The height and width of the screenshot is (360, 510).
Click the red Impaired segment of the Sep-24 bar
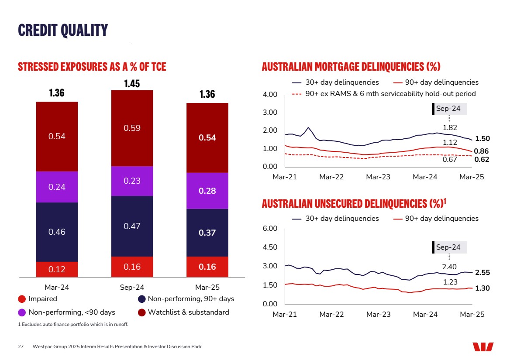[132, 267]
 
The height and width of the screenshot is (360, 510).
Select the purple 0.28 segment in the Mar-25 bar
[207, 191]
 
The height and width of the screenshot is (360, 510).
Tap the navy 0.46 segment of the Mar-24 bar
[57, 232]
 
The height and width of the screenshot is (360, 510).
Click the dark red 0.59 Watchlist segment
[132, 128]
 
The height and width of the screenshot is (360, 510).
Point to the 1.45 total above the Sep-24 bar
[132, 83]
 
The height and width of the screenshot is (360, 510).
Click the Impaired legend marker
[22, 299]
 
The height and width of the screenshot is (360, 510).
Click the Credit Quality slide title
[63, 30]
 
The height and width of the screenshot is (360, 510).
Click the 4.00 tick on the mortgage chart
[270, 95]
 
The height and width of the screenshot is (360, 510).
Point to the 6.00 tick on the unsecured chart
[270, 229]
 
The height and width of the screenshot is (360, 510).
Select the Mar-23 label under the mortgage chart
[378, 177]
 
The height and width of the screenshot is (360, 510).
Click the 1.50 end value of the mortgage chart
[482, 138]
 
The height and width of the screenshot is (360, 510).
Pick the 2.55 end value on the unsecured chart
[482, 272]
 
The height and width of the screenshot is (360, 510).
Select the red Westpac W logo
[483, 347]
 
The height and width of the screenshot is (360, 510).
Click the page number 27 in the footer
[21, 347]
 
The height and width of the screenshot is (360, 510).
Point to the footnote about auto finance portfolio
[73, 324]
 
